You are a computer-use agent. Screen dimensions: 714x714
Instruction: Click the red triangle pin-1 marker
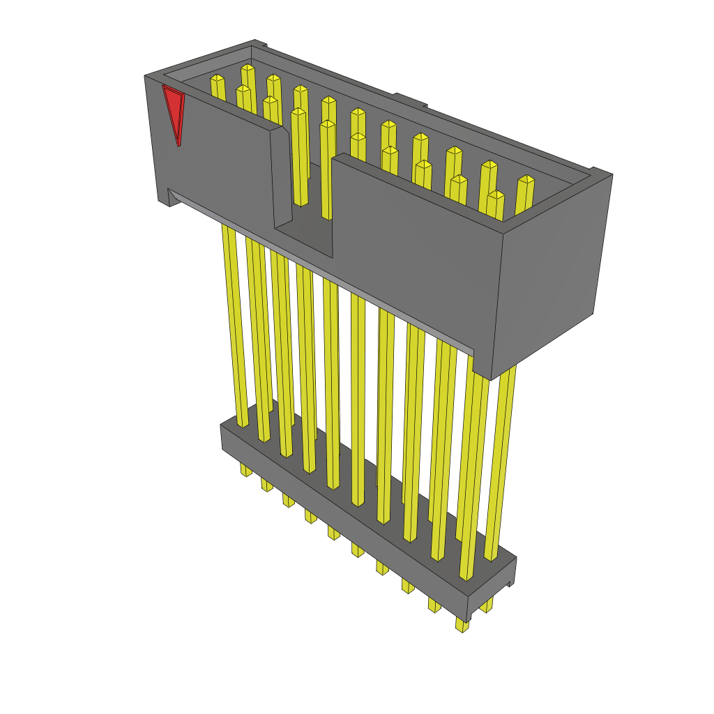tap(174, 112)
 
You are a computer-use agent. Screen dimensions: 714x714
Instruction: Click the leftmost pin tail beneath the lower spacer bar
tap(246, 471)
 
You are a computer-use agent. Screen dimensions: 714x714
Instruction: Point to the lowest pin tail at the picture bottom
tap(461, 625)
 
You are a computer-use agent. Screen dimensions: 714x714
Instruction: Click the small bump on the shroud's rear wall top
tap(410, 99)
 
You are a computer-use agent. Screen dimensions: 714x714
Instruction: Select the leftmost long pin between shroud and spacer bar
tap(234, 328)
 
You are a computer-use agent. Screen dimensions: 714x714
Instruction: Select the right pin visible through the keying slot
tap(326, 167)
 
